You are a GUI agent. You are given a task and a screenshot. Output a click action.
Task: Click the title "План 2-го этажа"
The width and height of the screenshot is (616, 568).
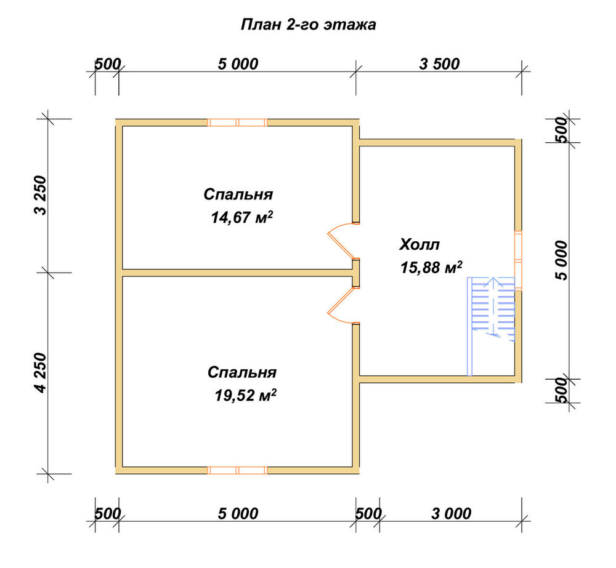tap(308, 25)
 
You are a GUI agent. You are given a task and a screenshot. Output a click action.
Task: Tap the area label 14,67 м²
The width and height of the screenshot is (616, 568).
tap(242, 217)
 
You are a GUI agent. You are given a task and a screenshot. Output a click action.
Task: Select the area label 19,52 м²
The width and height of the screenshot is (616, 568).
tap(246, 395)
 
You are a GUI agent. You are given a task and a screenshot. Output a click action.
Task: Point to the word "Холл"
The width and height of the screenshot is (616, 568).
tap(419, 244)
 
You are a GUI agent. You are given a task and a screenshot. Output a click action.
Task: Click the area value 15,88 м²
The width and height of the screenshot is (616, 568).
tap(431, 268)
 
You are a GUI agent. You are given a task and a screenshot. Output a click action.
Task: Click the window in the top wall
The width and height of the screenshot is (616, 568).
tap(237, 122)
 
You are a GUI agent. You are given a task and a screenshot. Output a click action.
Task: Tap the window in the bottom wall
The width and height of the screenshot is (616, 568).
tap(237, 470)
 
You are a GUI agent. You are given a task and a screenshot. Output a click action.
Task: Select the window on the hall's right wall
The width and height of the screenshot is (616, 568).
tap(518, 260)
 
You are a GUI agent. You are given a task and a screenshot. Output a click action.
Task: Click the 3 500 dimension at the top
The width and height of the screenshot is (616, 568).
tap(439, 64)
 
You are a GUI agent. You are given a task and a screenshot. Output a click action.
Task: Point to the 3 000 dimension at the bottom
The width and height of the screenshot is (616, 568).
tap(451, 513)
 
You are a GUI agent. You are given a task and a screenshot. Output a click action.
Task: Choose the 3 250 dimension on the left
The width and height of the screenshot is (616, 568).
tap(40, 195)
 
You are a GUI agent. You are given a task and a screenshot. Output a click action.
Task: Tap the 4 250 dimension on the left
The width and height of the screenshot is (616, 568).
tap(40, 373)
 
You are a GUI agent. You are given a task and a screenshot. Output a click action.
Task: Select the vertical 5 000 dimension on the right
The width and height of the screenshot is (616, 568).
tap(562, 260)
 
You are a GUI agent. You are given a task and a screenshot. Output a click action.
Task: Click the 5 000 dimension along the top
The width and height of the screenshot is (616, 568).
tap(238, 64)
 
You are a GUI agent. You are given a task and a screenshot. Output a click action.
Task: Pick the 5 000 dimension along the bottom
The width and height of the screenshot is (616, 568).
tap(238, 513)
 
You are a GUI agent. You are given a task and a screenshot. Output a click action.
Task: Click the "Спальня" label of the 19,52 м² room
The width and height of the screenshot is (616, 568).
tap(242, 372)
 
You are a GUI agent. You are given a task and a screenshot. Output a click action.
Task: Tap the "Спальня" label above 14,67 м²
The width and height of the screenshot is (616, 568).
tap(238, 194)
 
